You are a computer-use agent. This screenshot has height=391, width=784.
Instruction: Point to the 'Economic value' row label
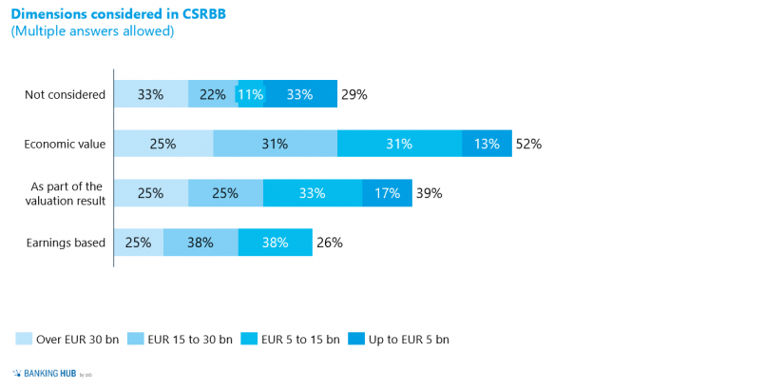[x=66, y=144]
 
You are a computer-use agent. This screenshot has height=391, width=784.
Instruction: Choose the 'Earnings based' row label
[x=66, y=243]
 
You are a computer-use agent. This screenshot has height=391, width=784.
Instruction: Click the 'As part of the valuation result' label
[x=67, y=193]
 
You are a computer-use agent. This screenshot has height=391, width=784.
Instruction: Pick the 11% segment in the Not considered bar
[x=251, y=94]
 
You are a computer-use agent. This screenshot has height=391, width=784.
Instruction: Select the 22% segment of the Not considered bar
[x=213, y=94]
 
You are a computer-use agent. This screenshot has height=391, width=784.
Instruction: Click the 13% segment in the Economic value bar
[x=487, y=144]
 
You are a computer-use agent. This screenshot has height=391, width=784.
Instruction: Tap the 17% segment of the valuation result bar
[x=387, y=193]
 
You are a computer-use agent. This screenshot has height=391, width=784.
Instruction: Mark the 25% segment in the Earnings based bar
[x=139, y=243]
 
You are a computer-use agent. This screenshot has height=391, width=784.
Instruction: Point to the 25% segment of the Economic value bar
[x=163, y=144]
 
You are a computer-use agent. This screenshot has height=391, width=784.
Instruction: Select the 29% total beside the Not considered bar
[x=354, y=94]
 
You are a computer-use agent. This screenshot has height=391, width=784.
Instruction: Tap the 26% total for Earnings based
[x=329, y=243]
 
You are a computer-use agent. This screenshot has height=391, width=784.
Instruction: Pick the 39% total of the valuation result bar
[x=429, y=193]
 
